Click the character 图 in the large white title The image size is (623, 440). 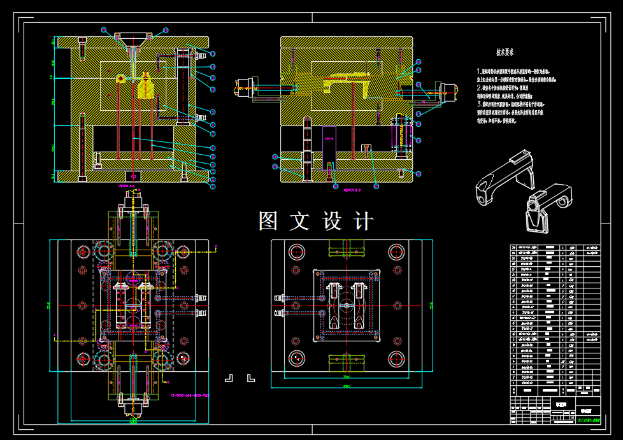[x=268, y=222]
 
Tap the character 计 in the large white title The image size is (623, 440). [x=363, y=222]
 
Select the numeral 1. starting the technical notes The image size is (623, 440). [x=478, y=71]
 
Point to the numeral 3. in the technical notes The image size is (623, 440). [x=478, y=103]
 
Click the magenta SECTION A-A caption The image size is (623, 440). [x=128, y=186]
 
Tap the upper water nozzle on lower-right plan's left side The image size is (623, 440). [x=278, y=297]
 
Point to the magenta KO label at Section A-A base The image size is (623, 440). [x=133, y=175]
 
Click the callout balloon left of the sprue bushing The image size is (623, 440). [x=104, y=30]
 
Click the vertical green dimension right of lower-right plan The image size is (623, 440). [x=431, y=306]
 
